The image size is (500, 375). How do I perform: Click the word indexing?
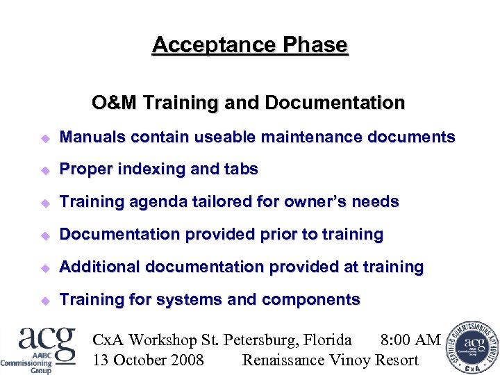point(148,169)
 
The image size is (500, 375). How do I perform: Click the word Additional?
point(97,267)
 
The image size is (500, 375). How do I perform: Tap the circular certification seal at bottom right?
point(472,345)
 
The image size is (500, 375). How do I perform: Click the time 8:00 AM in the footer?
point(410,340)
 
